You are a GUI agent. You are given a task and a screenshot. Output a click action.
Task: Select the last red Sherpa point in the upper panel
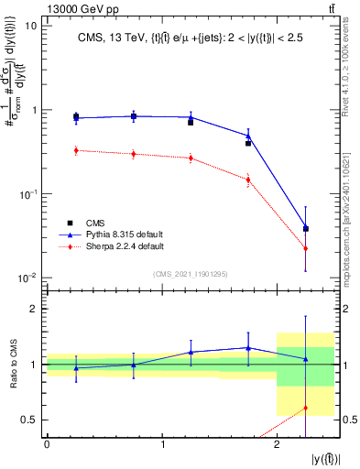click(x=306, y=249)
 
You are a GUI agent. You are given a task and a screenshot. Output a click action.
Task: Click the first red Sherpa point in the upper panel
click(x=75, y=150)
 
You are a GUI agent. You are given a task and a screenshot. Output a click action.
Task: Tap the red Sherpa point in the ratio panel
click(x=306, y=408)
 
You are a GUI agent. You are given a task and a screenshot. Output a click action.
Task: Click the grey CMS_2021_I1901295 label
click(x=191, y=272)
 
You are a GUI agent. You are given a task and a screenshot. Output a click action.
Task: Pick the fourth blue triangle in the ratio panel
click(x=248, y=347)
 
